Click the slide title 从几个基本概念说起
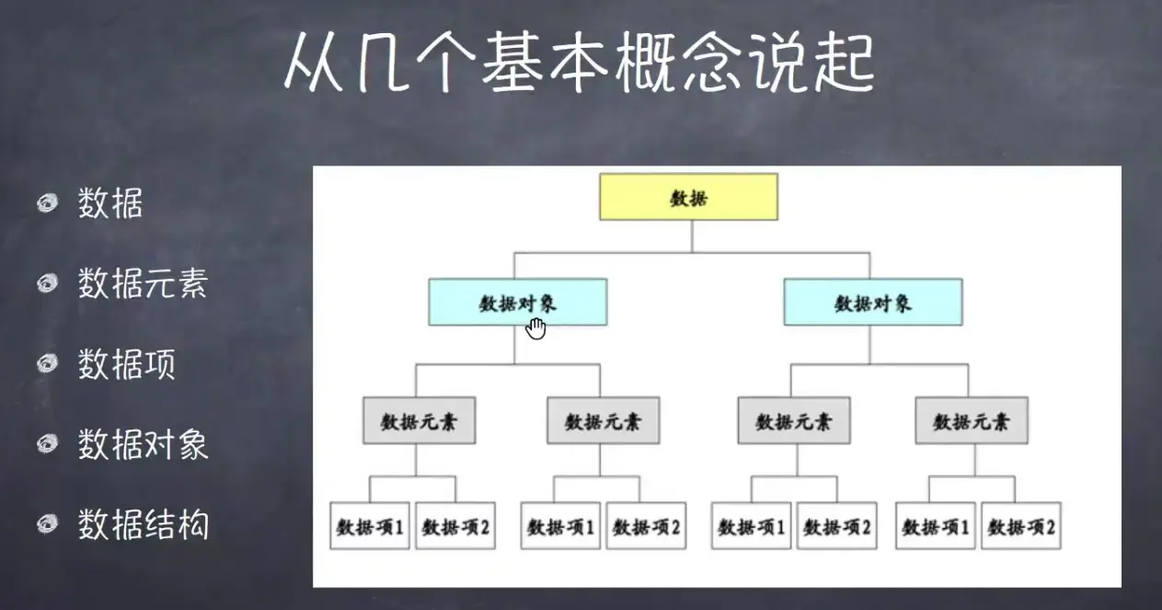click(578, 63)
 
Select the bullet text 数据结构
click(143, 524)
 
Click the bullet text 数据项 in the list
click(126, 364)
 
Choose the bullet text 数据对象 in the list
click(143, 444)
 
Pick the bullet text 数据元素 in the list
click(143, 283)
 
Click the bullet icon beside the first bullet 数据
click(48, 203)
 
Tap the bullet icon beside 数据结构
click(48, 524)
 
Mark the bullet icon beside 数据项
click(48, 365)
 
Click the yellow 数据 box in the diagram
click(688, 197)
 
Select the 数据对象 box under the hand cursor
click(517, 303)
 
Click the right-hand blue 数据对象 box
click(872, 303)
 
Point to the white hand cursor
click(535, 328)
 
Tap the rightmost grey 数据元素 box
click(972, 421)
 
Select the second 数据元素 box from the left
click(603, 421)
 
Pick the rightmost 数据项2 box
click(1021, 526)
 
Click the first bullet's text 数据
click(109, 203)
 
